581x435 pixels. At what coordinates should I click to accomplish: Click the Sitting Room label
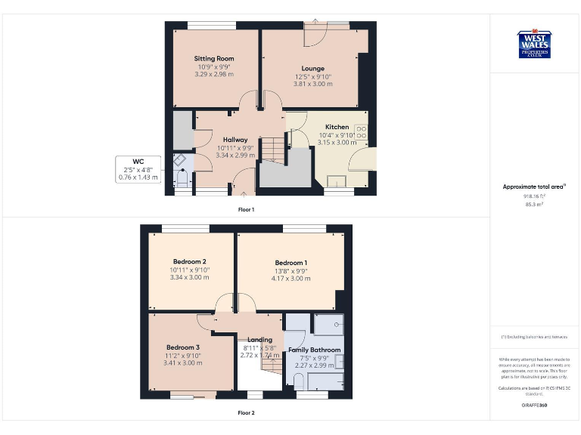coord(214,58)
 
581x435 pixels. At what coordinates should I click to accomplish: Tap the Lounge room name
coord(312,68)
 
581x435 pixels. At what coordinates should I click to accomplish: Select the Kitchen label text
coord(337,127)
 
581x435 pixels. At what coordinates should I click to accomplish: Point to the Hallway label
coord(235,140)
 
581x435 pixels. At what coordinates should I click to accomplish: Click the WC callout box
coord(138,169)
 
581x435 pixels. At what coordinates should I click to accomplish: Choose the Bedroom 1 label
coord(290,263)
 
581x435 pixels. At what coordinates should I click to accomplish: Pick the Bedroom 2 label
coord(189,261)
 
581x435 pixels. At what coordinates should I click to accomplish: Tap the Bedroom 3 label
coord(183,347)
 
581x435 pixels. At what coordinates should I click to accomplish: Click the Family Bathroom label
coord(315,350)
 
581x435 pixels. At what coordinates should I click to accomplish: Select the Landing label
coord(259,340)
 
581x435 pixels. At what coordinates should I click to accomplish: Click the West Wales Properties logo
coord(534,44)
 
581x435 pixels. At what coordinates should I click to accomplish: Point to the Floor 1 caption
coord(247,209)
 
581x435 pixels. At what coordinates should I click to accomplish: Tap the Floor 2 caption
coord(247,413)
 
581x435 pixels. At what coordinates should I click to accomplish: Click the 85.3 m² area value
coord(534,204)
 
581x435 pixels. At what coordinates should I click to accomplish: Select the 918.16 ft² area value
coord(534,196)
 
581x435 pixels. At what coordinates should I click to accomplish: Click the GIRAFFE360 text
coord(534,406)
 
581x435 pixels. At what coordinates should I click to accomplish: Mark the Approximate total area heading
coord(534,187)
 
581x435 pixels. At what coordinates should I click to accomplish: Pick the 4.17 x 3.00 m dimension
coord(290,279)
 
